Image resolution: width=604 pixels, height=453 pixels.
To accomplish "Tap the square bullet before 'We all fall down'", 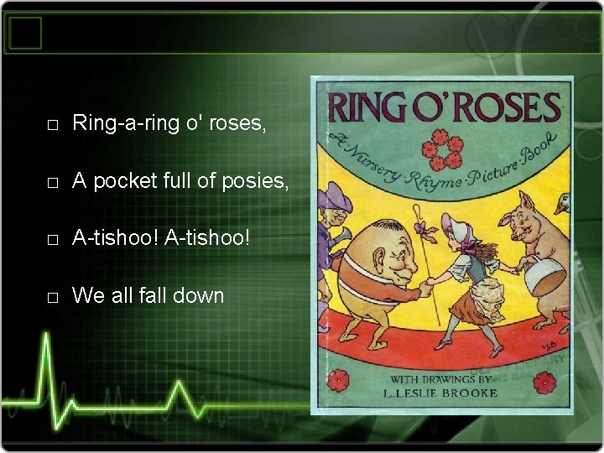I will coord(52,297).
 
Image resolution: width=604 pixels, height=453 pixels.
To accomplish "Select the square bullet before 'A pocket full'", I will coord(52,183).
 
